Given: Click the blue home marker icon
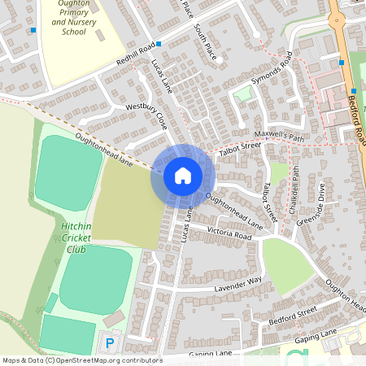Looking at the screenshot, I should (182, 175).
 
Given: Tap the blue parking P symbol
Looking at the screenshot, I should (110, 342).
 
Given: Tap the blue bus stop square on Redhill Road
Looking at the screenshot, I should (159, 43).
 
